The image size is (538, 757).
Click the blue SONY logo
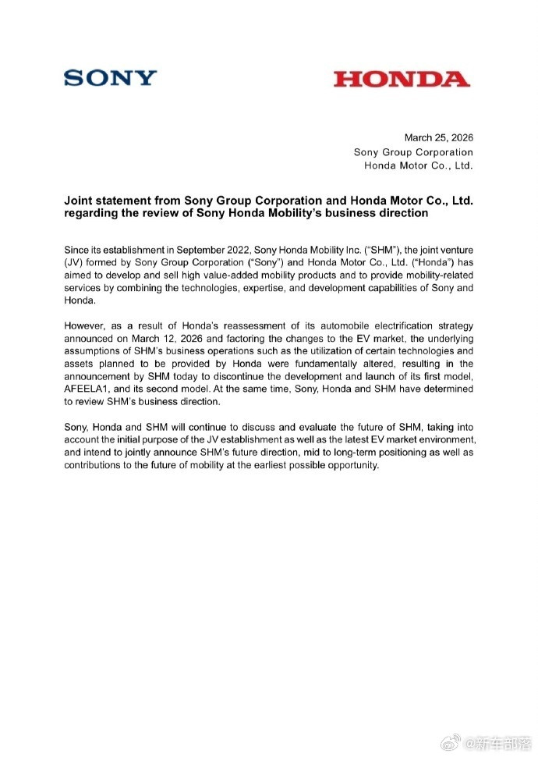(x=110, y=78)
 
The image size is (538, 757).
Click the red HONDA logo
(x=402, y=79)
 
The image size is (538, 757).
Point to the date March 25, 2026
(x=438, y=138)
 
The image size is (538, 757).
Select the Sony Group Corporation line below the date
(x=413, y=152)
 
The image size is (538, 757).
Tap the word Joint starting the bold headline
(x=78, y=201)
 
